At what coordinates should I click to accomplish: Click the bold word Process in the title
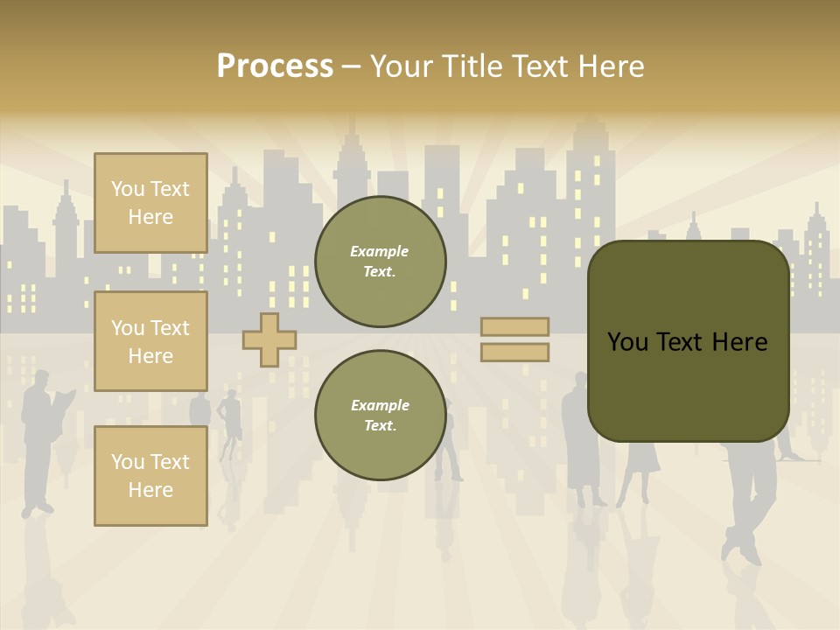[x=275, y=66]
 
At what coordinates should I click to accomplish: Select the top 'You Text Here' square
[x=150, y=203]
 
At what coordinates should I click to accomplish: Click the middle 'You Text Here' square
[x=150, y=341]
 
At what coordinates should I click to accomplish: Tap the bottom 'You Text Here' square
[x=150, y=475]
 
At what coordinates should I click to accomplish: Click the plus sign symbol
[x=269, y=339]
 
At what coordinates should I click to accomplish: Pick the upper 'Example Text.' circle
[x=380, y=261]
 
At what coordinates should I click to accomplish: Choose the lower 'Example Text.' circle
[x=380, y=415]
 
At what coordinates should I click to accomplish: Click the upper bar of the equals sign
[x=514, y=326]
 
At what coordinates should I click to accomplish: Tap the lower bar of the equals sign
[x=514, y=352]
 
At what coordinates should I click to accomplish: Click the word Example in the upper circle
[x=380, y=251]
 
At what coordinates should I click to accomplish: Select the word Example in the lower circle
[x=380, y=405]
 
